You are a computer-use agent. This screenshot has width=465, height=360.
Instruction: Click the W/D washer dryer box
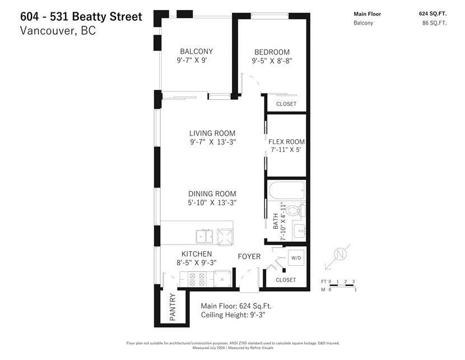(296, 257)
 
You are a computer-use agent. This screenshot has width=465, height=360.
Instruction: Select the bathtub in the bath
(286, 190)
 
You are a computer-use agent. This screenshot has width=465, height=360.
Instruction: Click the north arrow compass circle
(340, 254)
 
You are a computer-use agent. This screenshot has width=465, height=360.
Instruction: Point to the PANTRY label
(173, 307)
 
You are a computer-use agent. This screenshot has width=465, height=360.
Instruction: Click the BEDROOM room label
(272, 52)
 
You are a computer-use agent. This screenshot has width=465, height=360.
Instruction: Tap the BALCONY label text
(196, 52)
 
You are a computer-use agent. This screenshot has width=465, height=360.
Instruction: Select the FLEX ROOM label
(286, 142)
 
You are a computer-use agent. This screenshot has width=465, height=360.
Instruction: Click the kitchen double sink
(204, 237)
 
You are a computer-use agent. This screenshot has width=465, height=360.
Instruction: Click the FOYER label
(249, 256)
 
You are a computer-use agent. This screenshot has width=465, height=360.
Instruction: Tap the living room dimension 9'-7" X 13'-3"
(213, 142)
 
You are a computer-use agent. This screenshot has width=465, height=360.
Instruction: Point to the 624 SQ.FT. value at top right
(433, 13)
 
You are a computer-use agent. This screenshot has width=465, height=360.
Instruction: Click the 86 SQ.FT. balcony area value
(434, 23)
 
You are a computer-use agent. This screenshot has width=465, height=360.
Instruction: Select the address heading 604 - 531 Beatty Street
(81, 17)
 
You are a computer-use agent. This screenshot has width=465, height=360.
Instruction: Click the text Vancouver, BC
(58, 31)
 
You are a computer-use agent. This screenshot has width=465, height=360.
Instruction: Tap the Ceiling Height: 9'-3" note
(233, 315)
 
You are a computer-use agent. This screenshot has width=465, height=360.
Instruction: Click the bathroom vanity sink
(299, 230)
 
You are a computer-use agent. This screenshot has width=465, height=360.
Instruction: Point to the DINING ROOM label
(212, 194)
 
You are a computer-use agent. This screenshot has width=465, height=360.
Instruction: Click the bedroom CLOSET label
(286, 104)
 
